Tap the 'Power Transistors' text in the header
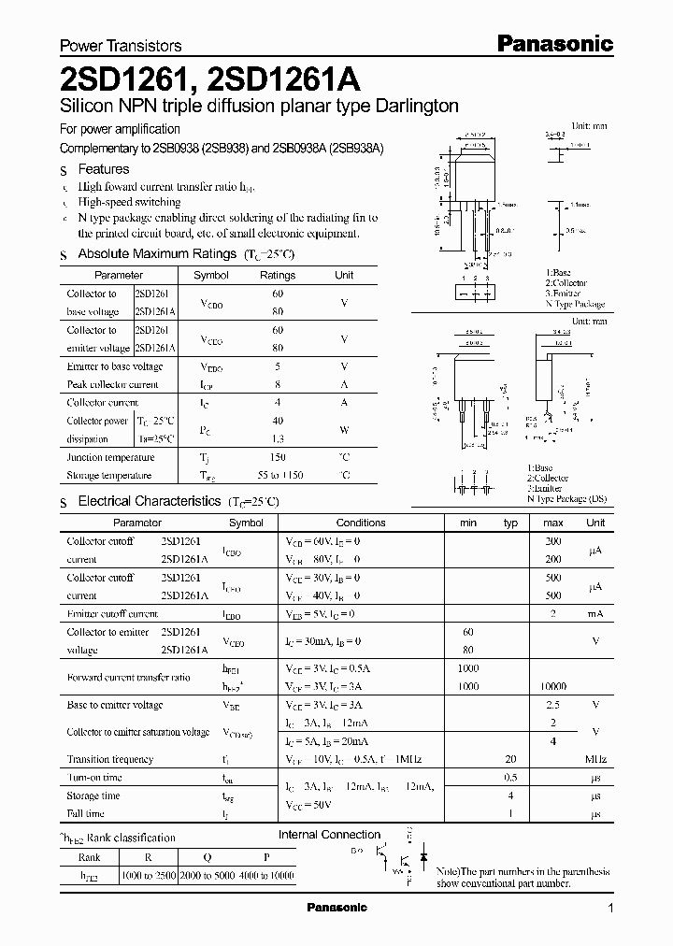[121, 45]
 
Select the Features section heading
[103, 169]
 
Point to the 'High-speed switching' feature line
[129, 202]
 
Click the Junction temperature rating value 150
[277, 458]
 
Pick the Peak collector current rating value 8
[277, 384]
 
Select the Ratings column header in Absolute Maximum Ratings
[277, 276]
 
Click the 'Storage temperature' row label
[110, 476]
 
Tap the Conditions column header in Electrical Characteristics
[361, 523]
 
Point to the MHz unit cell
[595, 760]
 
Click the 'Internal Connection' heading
[330, 835]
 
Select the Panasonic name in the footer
[337, 908]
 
